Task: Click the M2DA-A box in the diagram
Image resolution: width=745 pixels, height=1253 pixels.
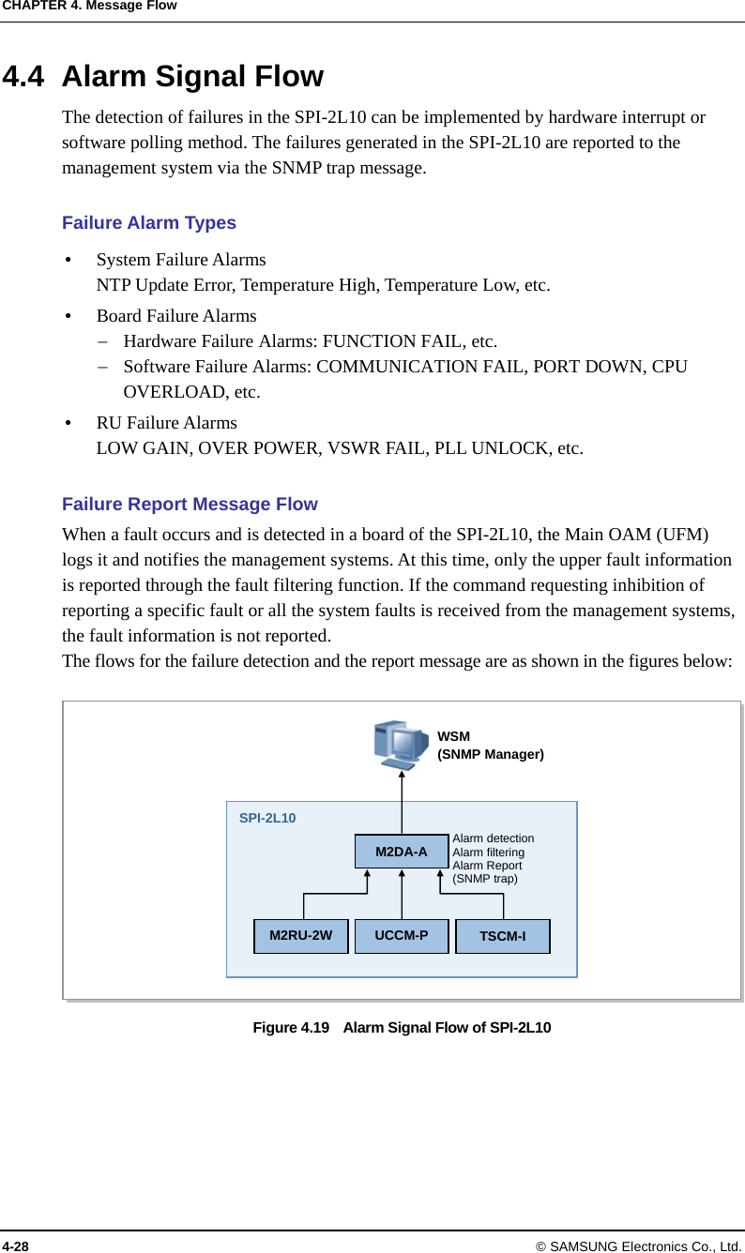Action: (x=402, y=852)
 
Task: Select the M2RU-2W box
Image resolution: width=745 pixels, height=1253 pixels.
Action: (x=300, y=936)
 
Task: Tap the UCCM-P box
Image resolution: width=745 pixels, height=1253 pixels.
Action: (x=402, y=936)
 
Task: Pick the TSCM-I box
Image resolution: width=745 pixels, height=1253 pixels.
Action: (x=503, y=937)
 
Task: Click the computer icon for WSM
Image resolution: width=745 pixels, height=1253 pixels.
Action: (x=401, y=744)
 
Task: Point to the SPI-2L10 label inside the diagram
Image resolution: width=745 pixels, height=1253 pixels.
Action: (x=267, y=818)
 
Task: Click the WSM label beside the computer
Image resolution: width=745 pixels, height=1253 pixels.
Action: (x=454, y=737)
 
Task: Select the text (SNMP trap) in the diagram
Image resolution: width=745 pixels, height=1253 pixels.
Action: (x=485, y=879)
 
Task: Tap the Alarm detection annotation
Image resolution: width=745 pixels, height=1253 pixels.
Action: (x=494, y=838)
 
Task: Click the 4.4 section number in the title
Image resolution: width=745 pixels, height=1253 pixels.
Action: (x=23, y=76)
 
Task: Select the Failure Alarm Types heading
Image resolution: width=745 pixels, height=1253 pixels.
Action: (x=149, y=223)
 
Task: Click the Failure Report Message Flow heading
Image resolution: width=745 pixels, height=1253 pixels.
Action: (x=190, y=505)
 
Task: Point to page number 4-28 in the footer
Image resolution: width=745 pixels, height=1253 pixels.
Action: (x=15, y=1245)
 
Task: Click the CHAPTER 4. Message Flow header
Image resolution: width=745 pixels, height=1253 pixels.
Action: (x=88, y=6)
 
